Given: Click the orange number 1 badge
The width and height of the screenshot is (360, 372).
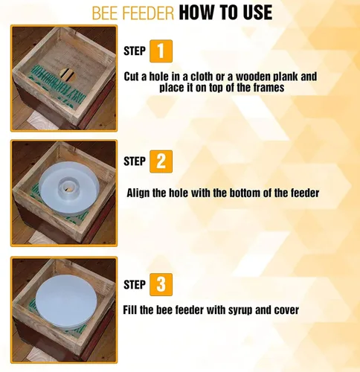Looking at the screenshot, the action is pyautogui.click(x=161, y=51).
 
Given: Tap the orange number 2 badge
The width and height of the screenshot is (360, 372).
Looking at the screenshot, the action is pyautogui.click(x=161, y=161).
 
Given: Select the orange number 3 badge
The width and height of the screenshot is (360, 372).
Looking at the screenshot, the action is pyautogui.click(x=161, y=284).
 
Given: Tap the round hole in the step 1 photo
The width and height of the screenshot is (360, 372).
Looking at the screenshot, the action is pyautogui.click(x=68, y=75).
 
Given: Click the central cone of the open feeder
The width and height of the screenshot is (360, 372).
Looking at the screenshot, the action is pyautogui.click(x=68, y=188).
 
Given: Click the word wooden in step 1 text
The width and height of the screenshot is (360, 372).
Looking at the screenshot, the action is pyautogui.click(x=253, y=77).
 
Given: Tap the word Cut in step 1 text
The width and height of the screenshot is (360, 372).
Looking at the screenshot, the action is pyautogui.click(x=132, y=77).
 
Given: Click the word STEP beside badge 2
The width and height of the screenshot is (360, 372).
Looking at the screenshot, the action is pyautogui.click(x=135, y=161).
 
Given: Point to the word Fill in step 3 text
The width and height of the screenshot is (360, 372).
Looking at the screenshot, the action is pyautogui.click(x=130, y=310).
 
